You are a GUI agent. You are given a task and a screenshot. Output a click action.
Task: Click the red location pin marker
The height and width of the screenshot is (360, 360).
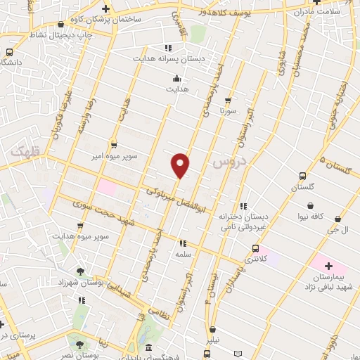[x=181, y=165]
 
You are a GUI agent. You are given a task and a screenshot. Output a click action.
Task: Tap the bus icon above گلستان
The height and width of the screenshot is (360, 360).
[x=302, y=176]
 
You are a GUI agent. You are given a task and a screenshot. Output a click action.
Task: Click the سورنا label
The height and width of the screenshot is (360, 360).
[x=228, y=111]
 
